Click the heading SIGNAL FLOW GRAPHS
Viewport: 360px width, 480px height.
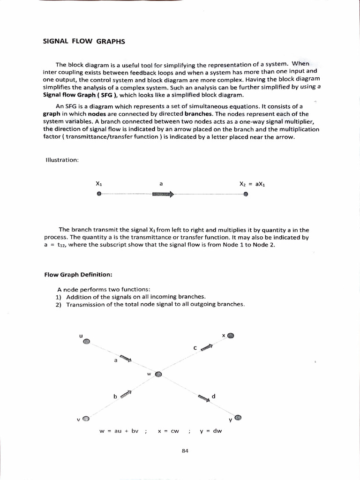pyautogui.click(x=84, y=41)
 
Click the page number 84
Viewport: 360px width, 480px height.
pyautogui.click(x=185, y=450)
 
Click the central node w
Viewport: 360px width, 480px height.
pyautogui.click(x=158, y=375)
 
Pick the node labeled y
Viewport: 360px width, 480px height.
pyautogui.click(x=238, y=417)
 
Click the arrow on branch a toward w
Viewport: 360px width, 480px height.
pyautogui.click(x=125, y=359)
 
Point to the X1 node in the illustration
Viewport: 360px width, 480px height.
pyautogui.click(x=99, y=194)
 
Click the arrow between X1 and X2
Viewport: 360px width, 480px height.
pyautogui.click(x=163, y=194)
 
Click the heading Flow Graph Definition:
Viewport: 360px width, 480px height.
pyautogui.click(x=78, y=274)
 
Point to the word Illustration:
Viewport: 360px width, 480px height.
pyautogui.click(x=61, y=160)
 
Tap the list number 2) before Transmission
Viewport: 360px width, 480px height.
pyautogui.click(x=59, y=304)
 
